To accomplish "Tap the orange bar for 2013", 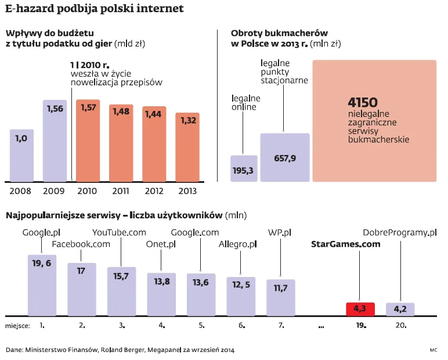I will (x=187, y=146).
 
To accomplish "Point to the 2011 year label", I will (x=121, y=191).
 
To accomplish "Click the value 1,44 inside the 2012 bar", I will (x=154, y=114).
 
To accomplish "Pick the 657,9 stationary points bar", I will (x=284, y=157).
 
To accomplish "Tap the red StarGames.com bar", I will (x=360, y=309).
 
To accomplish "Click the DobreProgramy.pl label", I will (x=399, y=233).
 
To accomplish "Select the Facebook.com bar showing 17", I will (x=81, y=289).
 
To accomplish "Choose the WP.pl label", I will (x=280, y=233).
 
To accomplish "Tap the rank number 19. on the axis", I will (x=361, y=326).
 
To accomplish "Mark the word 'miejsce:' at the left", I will (x=17, y=326).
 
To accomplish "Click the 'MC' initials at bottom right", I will (x=433, y=350).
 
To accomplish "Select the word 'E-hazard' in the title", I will (x=29, y=9).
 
